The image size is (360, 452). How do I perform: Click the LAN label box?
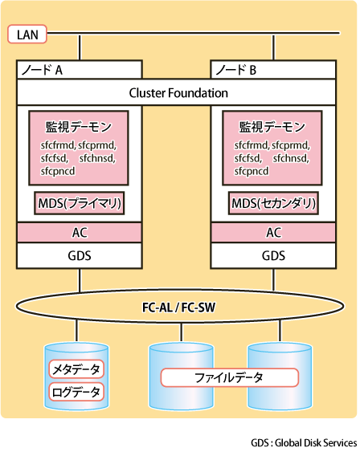pos(27,35)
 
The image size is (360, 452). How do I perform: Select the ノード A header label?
pos(42,70)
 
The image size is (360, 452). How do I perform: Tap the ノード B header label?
pos(236,70)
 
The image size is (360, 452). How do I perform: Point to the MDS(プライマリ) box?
pos(80,203)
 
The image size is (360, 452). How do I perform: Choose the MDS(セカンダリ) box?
pos(273,203)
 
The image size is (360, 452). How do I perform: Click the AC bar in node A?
pos(80,232)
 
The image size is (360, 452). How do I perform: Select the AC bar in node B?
pos(273,232)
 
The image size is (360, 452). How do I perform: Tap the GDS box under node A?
pos(80,255)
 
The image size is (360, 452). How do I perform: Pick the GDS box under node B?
pos(273,255)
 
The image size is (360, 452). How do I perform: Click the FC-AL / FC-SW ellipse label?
pos(179,307)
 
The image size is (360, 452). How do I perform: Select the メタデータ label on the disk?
pos(76,369)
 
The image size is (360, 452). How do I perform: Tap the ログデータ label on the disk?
pos(76,392)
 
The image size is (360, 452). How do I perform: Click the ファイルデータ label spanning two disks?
pos(229,377)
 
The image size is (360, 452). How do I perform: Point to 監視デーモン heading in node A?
pos(79,127)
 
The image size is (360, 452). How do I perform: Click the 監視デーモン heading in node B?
pos(272,127)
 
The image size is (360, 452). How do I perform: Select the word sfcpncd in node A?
pos(58,171)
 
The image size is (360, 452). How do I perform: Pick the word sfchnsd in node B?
pos(291,158)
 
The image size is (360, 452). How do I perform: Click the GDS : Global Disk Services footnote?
pos(304,443)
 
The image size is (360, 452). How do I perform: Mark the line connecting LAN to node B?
pos(273,47)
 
